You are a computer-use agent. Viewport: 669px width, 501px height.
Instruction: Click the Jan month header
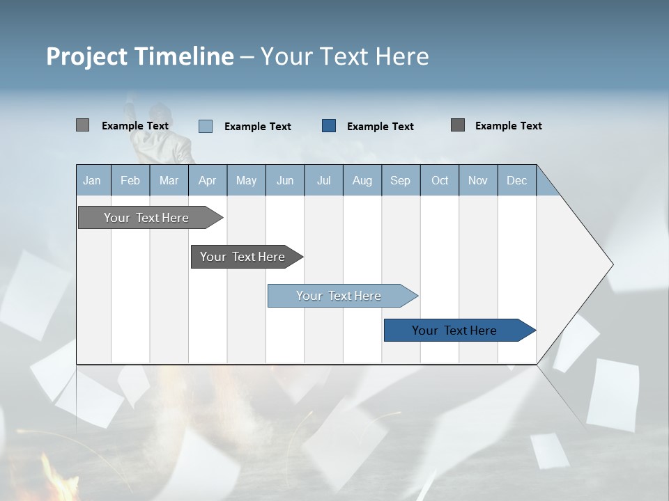click(92, 181)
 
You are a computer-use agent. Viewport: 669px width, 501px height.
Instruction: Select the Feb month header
click(130, 181)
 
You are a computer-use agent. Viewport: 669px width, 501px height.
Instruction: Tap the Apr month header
click(208, 181)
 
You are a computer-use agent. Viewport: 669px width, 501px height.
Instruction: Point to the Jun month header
click(285, 181)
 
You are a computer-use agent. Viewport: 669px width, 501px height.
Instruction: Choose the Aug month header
click(362, 181)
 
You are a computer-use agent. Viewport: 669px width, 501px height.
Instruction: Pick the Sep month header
click(401, 181)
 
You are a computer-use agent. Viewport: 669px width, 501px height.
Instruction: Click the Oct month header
click(440, 181)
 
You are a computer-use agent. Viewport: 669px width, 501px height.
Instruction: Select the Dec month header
click(517, 181)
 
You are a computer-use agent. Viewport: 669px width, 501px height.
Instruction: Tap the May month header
click(246, 181)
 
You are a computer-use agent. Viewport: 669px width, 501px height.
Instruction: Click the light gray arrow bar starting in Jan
click(146, 218)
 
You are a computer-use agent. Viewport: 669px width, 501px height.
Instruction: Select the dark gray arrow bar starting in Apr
click(243, 257)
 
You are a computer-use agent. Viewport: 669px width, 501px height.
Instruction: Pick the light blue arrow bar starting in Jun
click(339, 296)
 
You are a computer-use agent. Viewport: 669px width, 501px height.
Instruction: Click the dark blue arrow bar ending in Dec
click(454, 331)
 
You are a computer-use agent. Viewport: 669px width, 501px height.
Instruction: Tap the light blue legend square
click(206, 126)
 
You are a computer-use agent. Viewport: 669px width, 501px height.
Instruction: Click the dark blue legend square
click(329, 126)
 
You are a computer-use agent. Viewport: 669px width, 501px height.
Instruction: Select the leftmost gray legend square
click(82, 125)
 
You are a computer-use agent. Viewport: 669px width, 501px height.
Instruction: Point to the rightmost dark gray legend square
click(458, 125)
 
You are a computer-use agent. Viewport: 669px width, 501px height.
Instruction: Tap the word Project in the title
click(86, 56)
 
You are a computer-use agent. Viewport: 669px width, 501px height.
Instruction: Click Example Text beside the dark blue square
click(380, 127)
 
